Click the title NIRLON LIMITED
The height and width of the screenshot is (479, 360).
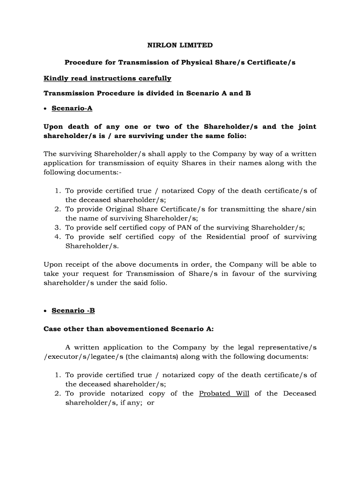pos(180,45)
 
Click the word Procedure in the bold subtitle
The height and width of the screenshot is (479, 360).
pos(82,62)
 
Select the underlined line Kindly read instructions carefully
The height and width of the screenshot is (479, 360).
pos(108,78)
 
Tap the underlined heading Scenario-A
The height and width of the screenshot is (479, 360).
pos(72,109)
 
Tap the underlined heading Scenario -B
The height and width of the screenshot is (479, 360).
pos(73,311)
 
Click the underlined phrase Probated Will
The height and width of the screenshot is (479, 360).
pos(224,393)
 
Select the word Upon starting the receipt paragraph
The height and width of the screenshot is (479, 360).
pos(53,264)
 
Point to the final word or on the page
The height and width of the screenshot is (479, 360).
pos(151,403)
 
